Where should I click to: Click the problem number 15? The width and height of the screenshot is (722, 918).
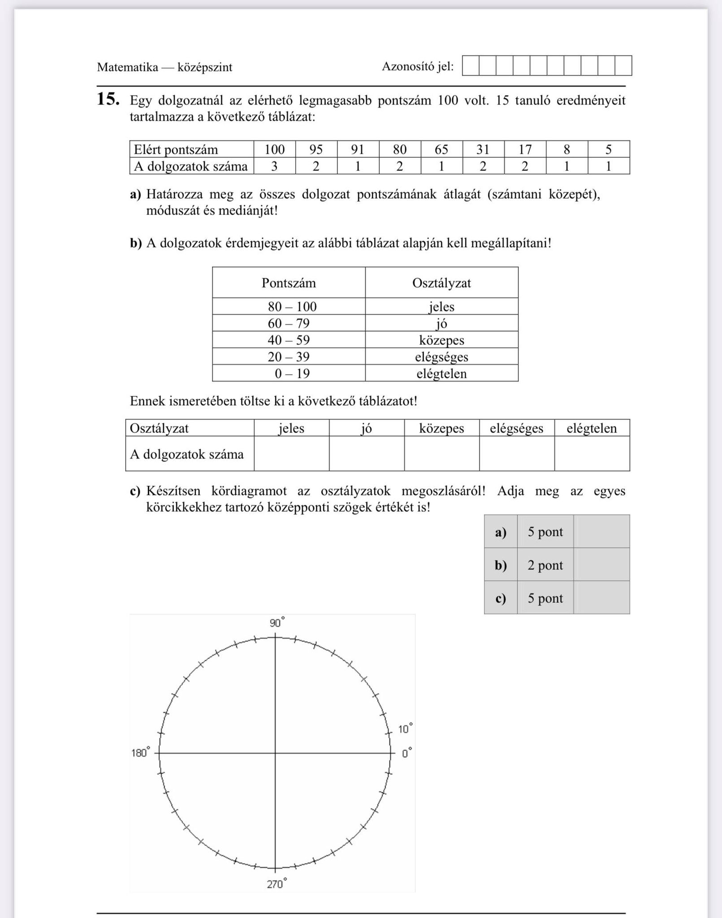coord(108,99)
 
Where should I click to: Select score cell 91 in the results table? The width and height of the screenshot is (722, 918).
coord(358,149)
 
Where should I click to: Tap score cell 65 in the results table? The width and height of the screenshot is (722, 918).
coord(441,149)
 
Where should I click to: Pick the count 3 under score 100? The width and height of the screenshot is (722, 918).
coord(274,166)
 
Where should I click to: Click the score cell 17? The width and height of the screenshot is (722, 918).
coord(525,149)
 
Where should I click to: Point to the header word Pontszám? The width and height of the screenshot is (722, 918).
coord(289,283)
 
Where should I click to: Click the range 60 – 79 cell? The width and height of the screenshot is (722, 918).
coord(289,323)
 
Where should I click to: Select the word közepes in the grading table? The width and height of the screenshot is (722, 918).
coord(441,340)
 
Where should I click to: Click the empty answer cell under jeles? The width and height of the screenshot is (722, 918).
coord(291,454)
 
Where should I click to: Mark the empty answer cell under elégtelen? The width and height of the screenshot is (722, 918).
coord(592,454)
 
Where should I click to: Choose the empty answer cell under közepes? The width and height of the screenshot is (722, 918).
coord(441,454)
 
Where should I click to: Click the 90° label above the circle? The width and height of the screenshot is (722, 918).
coord(277,623)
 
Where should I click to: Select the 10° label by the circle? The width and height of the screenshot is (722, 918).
coord(405,729)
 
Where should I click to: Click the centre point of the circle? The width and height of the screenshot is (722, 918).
coord(275,753)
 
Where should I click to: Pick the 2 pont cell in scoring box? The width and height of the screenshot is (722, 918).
coord(545,565)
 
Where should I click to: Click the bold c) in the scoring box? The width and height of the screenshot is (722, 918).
coord(500,598)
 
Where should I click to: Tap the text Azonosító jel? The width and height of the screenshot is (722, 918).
coord(417,67)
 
